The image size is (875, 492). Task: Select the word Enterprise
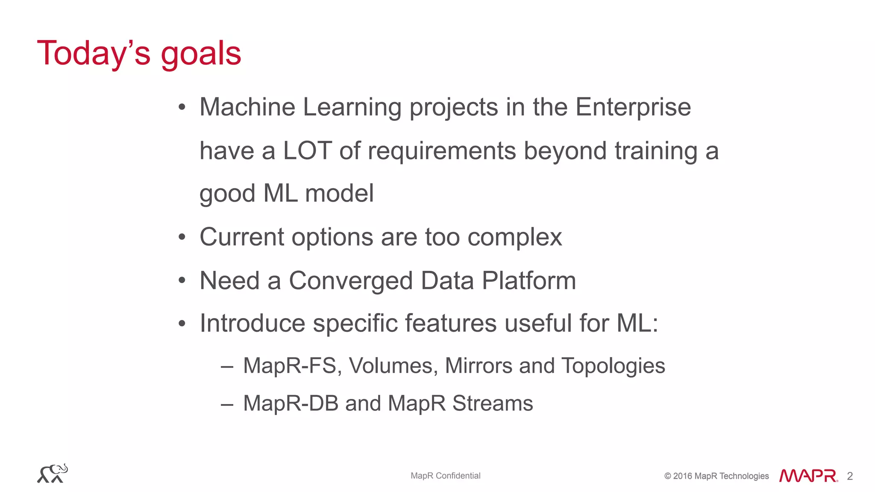(633, 108)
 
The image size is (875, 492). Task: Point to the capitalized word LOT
(307, 151)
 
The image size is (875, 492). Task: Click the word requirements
(441, 152)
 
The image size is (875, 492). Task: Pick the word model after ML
(339, 193)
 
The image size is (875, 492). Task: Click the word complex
(514, 238)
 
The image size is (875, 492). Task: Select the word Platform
(529, 281)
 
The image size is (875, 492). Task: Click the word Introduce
(252, 323)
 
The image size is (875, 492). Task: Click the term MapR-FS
(290, 366)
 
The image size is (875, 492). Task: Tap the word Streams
(492, 404)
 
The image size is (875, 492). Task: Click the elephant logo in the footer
(53, 474)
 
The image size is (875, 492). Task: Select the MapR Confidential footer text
(445, 476)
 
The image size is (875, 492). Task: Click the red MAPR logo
(808, 476)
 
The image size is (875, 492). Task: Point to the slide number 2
(850, 476)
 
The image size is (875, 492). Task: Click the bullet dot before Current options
(182, 237)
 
